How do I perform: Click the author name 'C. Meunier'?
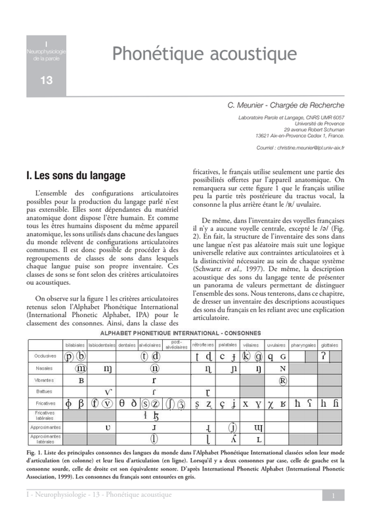pos(253,105)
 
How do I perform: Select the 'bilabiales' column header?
pos(74,345)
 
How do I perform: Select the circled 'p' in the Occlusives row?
pos(69,356)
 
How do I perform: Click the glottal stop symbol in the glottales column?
pos(324,356)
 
